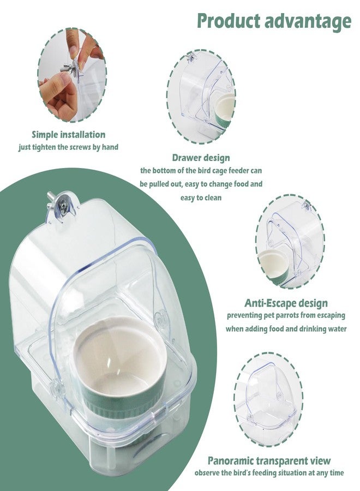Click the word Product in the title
(229, 21)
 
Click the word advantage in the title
(308, 22)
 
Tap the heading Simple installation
(69, 135)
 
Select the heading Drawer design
(201, 158)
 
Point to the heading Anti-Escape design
(286, 303)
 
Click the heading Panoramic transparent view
(269, 460)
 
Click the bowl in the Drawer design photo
(224, 110)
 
